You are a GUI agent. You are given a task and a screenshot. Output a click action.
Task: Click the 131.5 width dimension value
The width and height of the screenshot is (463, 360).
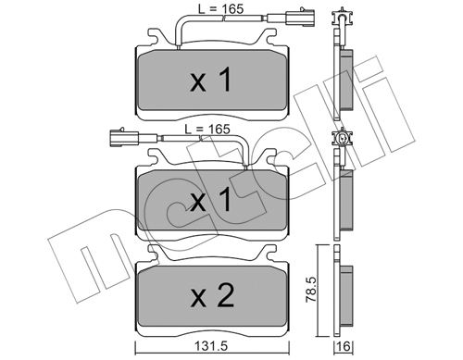point(212,346)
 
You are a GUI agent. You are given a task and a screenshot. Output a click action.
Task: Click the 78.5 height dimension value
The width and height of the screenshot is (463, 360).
point(312,291)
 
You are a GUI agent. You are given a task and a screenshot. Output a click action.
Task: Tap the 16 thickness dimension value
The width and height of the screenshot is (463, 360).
point(344,346)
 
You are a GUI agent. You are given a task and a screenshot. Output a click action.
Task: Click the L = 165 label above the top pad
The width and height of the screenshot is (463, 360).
point(220,9)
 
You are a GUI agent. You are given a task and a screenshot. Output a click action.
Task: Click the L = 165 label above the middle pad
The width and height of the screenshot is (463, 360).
point(207,129)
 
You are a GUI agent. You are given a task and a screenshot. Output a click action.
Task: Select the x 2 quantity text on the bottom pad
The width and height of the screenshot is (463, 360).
point(213,296)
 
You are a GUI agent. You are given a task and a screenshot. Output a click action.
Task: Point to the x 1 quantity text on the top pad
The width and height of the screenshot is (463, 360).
point(211,81)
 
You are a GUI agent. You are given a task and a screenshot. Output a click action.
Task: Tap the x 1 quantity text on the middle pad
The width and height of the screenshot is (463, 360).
point(211,200)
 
